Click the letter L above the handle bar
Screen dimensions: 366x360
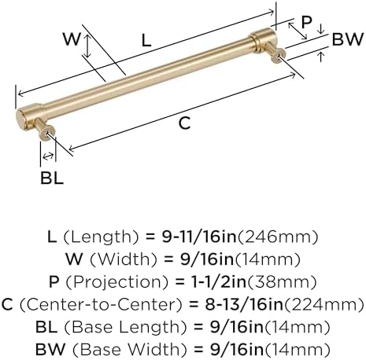click(146, 41)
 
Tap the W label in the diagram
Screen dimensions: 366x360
click(72, 39)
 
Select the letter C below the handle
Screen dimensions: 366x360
click(184, 123)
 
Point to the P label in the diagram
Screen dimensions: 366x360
click(306, 22)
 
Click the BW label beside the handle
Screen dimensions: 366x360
click(348, 39)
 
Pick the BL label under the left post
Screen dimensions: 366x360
click(52, 178)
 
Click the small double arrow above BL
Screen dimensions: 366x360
click(48, 156)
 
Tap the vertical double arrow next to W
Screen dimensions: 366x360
click(88, 46)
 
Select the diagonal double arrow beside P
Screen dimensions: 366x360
click(298, 31)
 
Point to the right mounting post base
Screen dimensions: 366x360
click(279, 56)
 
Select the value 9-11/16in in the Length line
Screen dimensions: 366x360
click(199, 237)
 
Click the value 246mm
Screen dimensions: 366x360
click(277, 237)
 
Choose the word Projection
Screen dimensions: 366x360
click(116, 282)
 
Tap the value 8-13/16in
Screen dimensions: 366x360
click(244, 304)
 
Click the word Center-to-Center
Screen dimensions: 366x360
click(101, 305)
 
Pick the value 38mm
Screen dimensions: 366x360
click(282, 282)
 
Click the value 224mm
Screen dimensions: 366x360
click(324, 305)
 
